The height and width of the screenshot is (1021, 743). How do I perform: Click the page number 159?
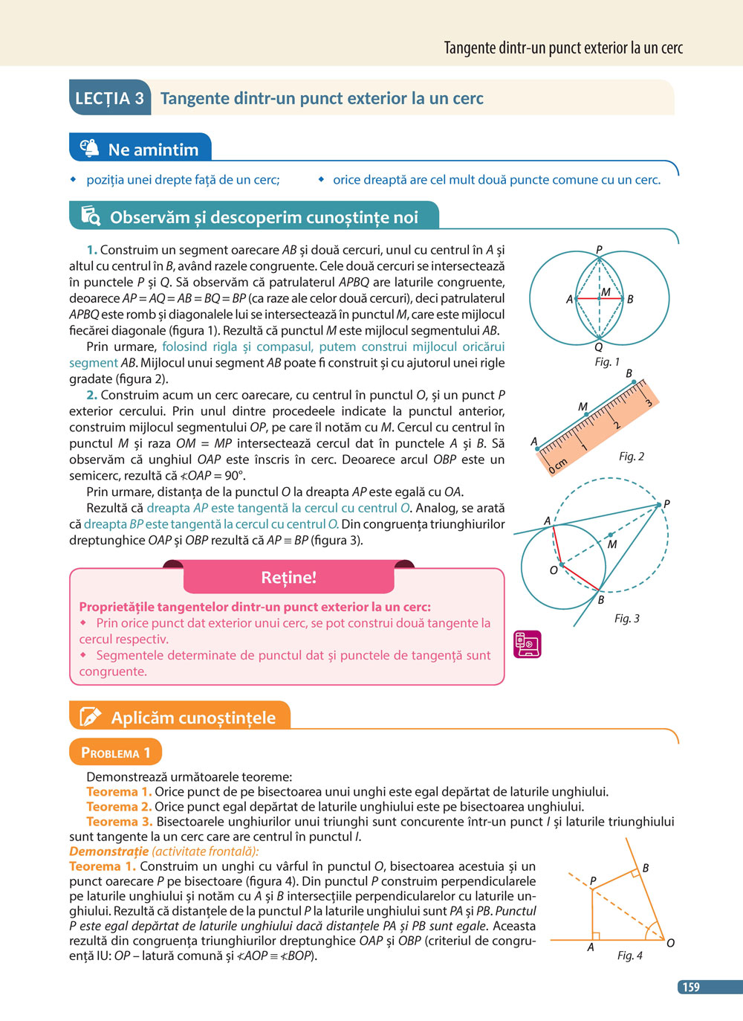691,987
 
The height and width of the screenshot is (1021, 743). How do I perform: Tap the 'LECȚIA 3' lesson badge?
110,98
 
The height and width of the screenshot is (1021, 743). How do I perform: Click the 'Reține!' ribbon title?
288,577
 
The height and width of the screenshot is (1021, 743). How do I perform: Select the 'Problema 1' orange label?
115,753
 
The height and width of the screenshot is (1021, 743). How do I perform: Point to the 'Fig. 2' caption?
631,456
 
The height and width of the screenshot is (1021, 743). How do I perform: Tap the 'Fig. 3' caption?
626,618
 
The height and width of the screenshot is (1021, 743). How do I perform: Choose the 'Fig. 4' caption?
629,955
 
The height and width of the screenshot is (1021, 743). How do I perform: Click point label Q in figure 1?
598,347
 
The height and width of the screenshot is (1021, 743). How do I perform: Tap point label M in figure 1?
606,292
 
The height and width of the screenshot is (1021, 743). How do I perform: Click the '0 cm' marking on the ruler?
557,466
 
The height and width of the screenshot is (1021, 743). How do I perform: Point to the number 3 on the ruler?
648,402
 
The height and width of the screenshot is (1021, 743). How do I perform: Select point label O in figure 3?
553,570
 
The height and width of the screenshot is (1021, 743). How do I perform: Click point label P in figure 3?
666,504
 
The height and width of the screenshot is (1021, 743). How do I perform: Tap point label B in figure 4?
645,868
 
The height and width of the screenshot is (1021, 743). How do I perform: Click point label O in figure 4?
670,943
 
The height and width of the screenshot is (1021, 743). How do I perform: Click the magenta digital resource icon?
527,644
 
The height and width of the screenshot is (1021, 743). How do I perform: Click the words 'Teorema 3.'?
119,822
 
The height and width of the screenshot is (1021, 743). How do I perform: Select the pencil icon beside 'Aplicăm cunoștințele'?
90,717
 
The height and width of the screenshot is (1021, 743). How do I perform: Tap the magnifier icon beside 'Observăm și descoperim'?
90,216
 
